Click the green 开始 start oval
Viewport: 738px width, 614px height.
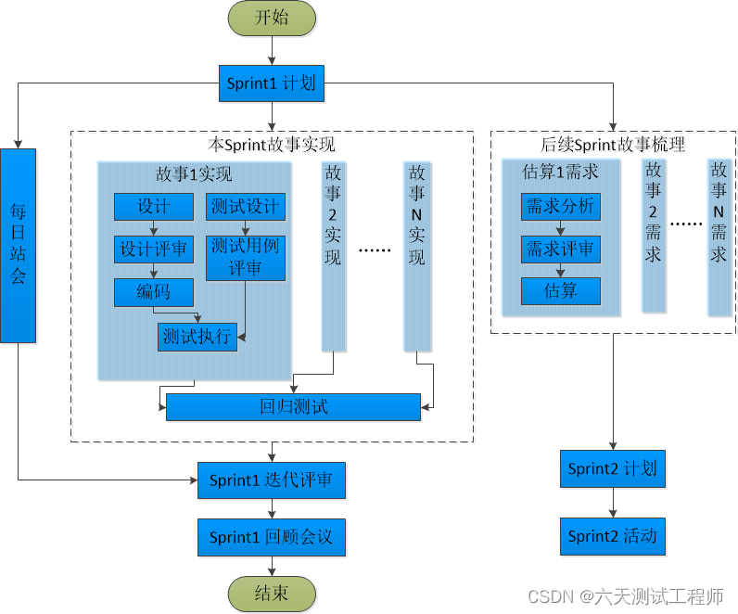[x=271, y=18]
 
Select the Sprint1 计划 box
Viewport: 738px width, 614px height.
[x=271, y=83]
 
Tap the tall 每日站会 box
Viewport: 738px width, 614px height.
[x=19, y=245]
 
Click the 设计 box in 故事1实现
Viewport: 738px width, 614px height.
[x=153, y=207]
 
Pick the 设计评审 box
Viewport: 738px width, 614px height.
[x=153, y=249]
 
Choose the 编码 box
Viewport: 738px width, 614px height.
[x=153, y=292]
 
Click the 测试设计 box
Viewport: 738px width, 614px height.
[x=245, y=207]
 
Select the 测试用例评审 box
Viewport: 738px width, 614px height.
[x=245, y=258]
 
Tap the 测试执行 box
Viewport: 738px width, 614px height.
[x=197, y=337]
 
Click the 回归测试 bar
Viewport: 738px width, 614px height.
[x=293, y=406]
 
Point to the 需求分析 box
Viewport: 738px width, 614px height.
[x=560, y=207]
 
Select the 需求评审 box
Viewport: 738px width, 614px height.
[x=560, y=249]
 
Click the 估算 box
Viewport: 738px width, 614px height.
[x=560, y=291]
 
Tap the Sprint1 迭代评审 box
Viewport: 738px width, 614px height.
[x=271, y=480]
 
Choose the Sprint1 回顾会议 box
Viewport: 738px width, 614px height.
[x=271, y=537]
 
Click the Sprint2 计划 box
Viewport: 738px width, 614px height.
[x=612, y=468]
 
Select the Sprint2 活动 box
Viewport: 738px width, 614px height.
[x=612, y=536]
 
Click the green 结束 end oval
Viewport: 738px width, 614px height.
[x=271, y=594]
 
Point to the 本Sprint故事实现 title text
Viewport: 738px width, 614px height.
[x=272, y=146]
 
